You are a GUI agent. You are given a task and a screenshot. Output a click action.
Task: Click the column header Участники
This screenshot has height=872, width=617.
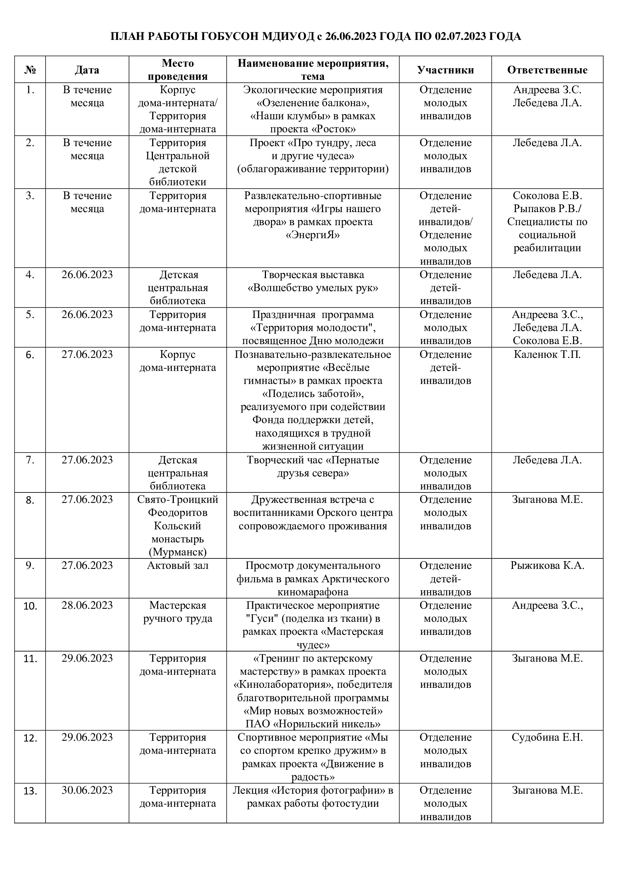point(445,70)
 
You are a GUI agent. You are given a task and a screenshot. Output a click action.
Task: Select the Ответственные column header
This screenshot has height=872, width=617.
point(547,70)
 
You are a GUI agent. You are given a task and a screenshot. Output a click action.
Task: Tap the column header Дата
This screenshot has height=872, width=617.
point(87,70)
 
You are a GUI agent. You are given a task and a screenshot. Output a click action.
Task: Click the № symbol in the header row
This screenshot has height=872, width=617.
point(30,70)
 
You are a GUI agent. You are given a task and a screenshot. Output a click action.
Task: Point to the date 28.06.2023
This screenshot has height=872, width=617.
point(87,605)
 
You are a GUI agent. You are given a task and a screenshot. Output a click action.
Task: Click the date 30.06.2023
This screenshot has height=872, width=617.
point(87,790)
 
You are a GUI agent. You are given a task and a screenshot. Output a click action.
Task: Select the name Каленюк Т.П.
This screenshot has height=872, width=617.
point(547,355)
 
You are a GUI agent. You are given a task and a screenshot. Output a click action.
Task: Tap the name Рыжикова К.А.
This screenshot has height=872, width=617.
point(547,566)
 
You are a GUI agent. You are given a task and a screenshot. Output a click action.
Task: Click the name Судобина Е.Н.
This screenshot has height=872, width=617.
point(547,737)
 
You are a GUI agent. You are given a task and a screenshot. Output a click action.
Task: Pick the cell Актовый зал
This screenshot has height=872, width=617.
point(178,566)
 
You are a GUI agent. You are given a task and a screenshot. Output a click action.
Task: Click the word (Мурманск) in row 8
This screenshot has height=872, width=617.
point(178,552)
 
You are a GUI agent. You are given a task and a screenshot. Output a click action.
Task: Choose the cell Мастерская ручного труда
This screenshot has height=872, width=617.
point(178,612)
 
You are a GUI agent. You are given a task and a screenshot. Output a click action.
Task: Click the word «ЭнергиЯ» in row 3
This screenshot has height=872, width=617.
point(313,235)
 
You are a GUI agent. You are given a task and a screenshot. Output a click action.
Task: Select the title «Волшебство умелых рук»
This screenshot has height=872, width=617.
point(313,288)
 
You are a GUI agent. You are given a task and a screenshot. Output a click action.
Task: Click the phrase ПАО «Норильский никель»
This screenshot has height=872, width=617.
point(313,724)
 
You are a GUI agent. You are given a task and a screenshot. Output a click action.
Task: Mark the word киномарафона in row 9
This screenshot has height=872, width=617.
point(313,592)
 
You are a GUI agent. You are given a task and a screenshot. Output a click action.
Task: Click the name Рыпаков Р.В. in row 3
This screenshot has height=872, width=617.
point(546,208)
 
